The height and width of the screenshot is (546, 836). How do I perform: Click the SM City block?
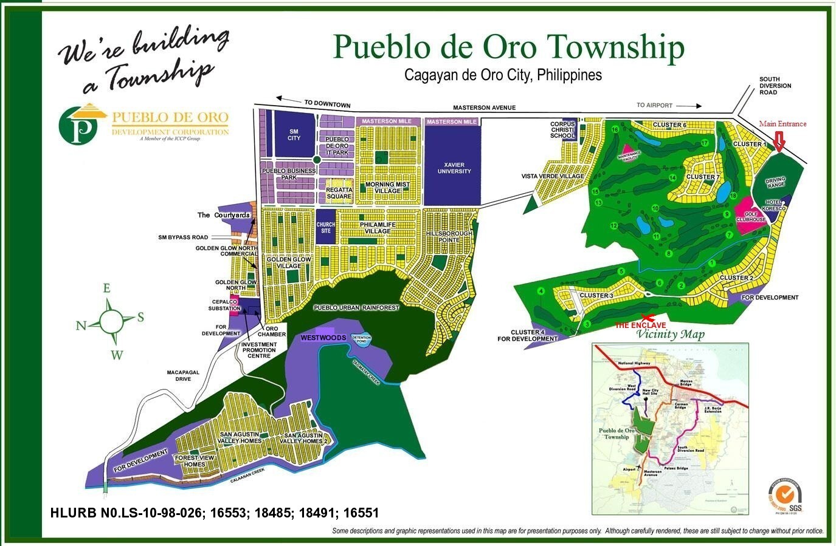click(294, 134)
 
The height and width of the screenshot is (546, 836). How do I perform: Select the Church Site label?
click(326, 228)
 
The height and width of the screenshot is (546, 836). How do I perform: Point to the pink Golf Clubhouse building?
click(751, 217)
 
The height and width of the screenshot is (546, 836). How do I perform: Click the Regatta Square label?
click(339, 193)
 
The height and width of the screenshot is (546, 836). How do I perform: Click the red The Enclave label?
click(640, 326)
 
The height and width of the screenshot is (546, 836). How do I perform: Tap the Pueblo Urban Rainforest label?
click(356, 308)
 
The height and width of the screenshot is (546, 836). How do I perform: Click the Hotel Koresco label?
click(775, 205)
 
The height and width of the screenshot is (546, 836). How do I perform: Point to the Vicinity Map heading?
click(671, 335)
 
